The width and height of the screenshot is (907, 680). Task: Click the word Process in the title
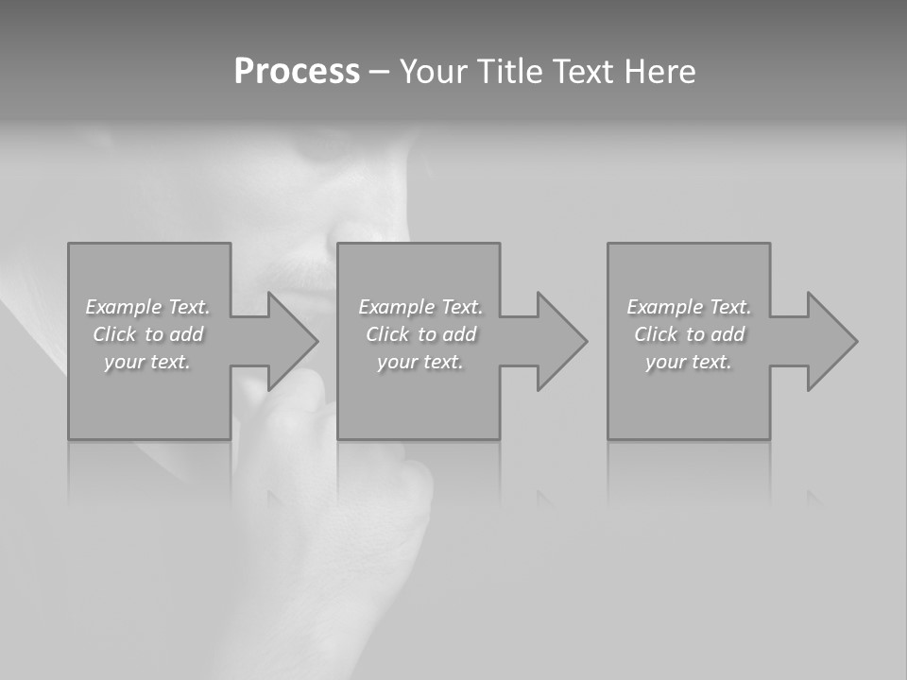[x=297, y=72]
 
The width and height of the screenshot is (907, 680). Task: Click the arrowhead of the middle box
[x=559, y=341]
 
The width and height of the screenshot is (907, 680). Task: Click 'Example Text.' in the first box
[x=147, y=307]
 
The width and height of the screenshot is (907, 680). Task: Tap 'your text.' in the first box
[x=147, y=362]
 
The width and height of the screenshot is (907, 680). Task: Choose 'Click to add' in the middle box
[x=420, y=334]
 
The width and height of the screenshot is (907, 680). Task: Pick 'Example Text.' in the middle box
[x=420, y=307]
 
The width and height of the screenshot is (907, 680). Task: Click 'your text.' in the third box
[x=689, y=362]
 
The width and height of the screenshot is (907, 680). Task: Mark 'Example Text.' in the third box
[x=689, y=307]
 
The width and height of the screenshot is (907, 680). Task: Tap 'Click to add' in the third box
[x=689, y=334]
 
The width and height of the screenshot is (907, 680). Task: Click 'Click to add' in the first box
[x=147, y=334]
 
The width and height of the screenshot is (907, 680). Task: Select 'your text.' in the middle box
[x=420, y=362]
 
